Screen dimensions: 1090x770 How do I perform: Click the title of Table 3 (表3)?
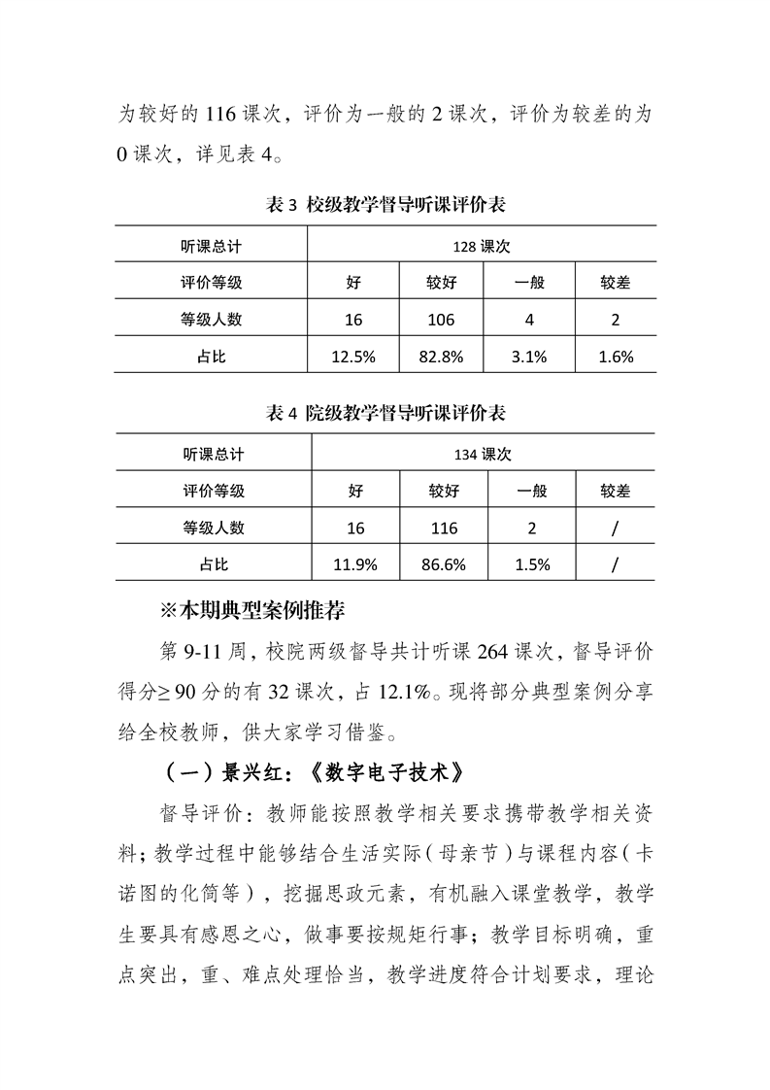(385, 205)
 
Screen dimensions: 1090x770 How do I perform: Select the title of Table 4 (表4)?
(385, 413)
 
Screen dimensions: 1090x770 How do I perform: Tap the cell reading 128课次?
(482, 247)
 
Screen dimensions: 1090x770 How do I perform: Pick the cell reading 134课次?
(483, 454)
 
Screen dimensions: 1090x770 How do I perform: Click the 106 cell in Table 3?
(441, 320)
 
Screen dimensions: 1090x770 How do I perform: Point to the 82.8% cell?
(441, 357)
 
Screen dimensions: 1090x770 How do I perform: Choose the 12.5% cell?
(353, 357)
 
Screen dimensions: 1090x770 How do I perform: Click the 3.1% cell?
(529, 357)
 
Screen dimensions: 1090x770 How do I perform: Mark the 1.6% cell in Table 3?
(616, 357)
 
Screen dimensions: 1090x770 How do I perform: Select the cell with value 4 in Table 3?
(529, 320)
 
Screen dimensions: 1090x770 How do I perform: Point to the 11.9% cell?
(355, 563)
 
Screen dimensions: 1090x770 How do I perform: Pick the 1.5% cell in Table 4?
(531, 563)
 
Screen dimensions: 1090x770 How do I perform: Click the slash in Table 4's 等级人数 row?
(616, 528)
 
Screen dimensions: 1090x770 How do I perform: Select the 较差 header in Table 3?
(616, 283)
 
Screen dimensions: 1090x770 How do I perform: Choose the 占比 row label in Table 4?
(214, 563)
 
